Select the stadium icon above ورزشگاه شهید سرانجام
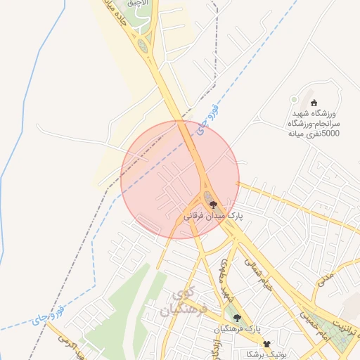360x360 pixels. pos(314,103)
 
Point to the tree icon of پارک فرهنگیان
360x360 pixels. pos(238,318)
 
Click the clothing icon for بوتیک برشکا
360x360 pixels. pos(266,343)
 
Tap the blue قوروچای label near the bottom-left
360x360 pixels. pos(48,314)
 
